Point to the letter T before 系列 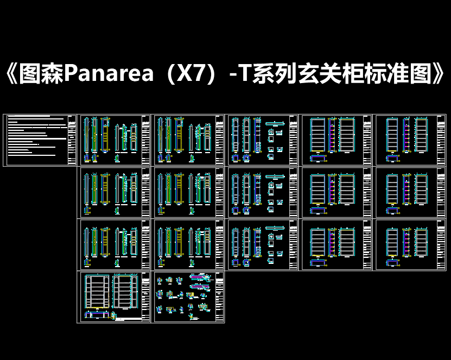(247, 74)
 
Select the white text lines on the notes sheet (35, 138)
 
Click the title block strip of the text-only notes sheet (73, 140)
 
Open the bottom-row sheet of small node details (189, 297)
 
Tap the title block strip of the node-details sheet (219, 297)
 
